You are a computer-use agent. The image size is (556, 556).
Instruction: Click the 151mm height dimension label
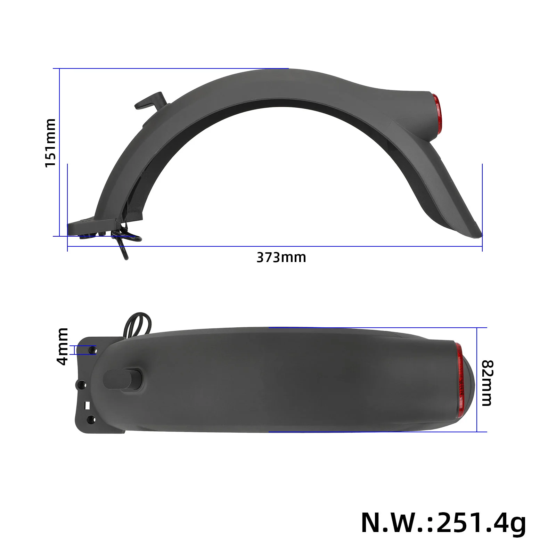pyautogui.click(x=51, y=142)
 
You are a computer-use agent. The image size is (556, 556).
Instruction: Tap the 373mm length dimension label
pyautogui.click(x=281, y=258)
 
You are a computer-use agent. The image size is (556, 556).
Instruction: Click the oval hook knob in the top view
pyautogui.click(x=123, y=379)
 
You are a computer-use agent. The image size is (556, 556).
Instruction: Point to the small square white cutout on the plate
pyautogui.click(x=88, y=405)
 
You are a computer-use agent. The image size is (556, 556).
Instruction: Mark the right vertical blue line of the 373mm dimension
pyautogui.click(x=482, y=207)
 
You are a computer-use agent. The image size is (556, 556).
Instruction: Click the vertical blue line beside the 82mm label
pyautogui.click(x=477, y=379)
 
